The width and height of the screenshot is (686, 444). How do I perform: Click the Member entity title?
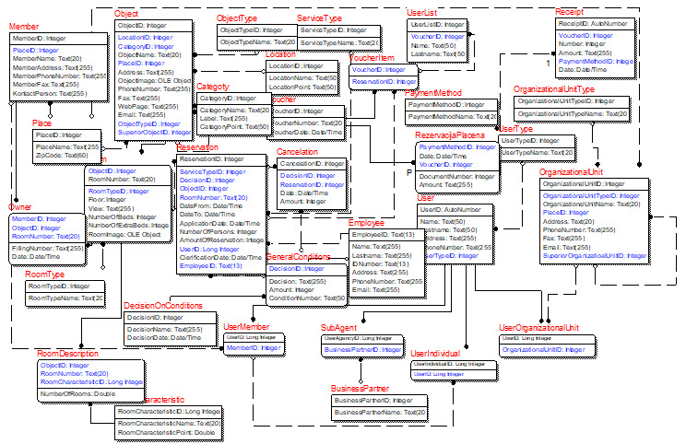pos(24,27)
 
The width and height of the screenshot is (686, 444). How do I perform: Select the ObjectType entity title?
pos(238,18)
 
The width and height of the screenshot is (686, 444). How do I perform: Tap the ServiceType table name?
pos(320,18)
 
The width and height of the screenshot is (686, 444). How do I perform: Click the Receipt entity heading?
pos(571,10)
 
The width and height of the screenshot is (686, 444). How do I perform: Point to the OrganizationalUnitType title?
pos(554,88)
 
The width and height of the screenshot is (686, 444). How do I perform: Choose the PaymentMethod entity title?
pos(432,93)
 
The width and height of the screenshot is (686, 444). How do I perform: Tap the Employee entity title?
pos(366,223)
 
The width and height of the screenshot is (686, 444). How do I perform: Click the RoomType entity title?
pos(44,275)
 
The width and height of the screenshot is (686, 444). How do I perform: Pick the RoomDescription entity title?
pos(67,353)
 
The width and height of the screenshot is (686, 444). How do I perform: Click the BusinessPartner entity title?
pos(361,389)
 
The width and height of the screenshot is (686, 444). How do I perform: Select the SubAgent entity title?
pos(338,327)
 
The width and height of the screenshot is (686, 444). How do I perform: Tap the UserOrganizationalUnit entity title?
pos(539,327)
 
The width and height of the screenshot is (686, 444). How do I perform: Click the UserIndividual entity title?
pos(436,353)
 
